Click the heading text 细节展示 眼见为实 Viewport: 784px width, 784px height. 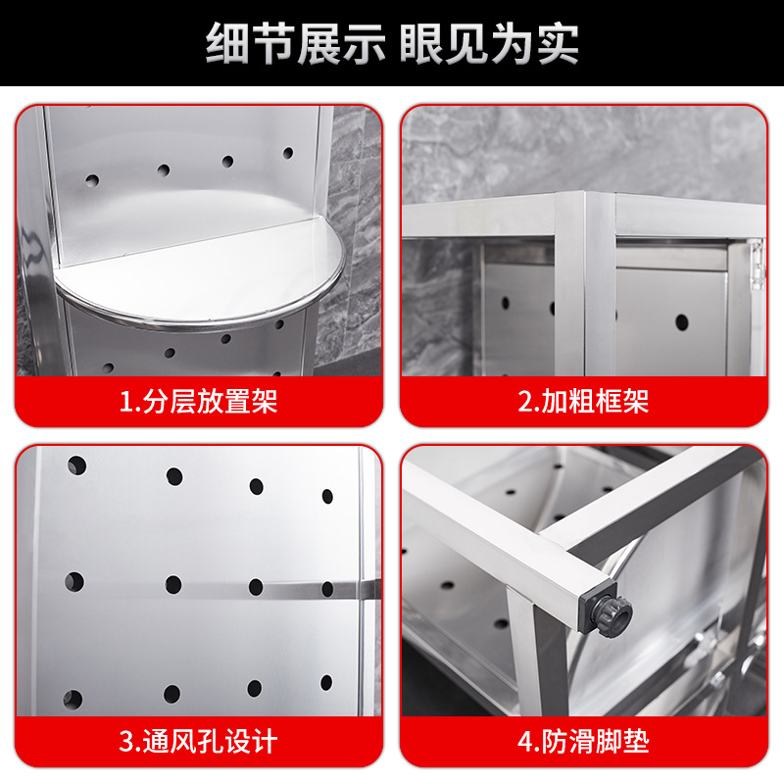[392, 44]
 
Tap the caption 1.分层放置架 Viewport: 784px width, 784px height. [198, 401]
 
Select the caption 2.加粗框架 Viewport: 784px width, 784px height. [583, 401]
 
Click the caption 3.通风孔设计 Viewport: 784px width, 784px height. [198, 741]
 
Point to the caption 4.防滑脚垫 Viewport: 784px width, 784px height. [583, 741]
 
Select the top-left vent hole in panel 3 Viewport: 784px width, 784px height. [76, 465]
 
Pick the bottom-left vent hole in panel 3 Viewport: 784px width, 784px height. [73, 699]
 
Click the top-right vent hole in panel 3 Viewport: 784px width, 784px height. [327, 496]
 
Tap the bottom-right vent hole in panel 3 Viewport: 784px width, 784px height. [327, 682]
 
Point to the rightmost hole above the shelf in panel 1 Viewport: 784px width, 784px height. [288, 153]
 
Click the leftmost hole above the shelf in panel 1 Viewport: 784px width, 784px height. [92, 180]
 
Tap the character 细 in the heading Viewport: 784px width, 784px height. [227, 44]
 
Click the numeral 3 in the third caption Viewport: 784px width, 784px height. [125, 741]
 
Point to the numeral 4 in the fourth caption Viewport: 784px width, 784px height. [524, 741]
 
